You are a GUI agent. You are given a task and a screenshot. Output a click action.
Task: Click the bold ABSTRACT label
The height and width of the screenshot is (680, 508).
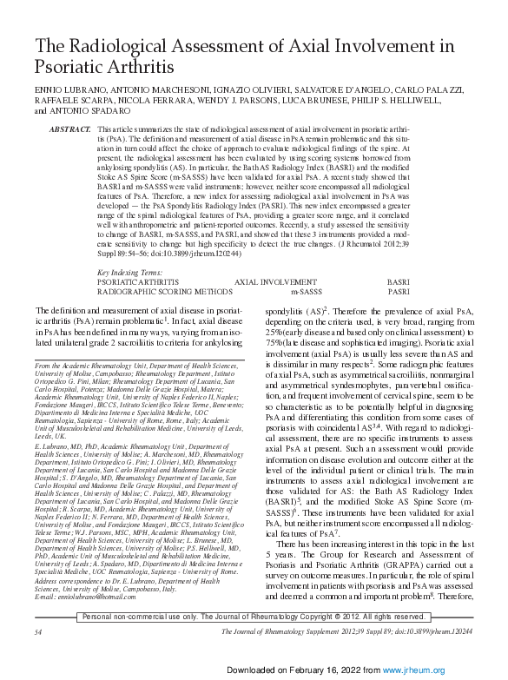coord(70,129)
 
